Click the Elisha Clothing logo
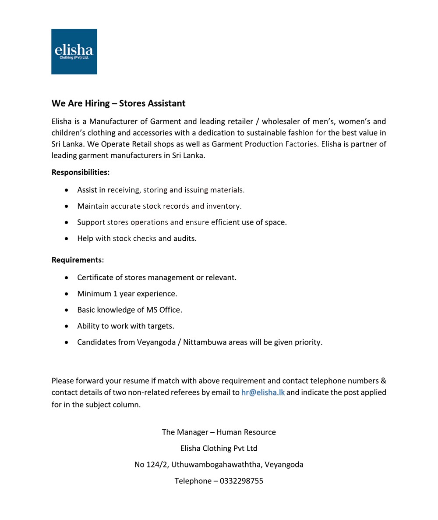click(74, 52)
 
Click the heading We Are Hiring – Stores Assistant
click(118, 103)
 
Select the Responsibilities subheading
click(81, 172)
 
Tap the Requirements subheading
click(78, 260)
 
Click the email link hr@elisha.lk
click(263, 392)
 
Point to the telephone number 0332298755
click(241, 481)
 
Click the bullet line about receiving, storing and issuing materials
click(161, 190)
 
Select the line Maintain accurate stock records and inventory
click(159, 206)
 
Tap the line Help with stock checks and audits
click(137, 239)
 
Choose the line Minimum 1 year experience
click(127, 294)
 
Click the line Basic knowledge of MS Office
click(130, 310)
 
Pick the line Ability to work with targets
click(126, 326)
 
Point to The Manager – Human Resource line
click(219, 432)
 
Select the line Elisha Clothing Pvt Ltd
click(219, 449)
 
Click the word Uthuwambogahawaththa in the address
click(216, 465)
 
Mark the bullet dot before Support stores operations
click(67, 223)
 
